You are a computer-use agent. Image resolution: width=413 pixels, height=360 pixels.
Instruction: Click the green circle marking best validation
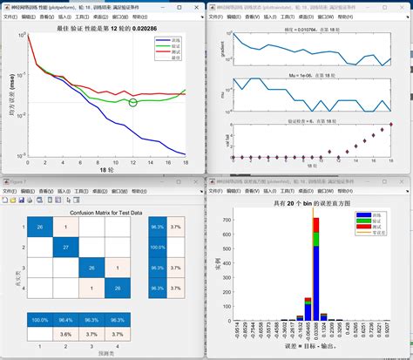(x=132, y=103)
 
